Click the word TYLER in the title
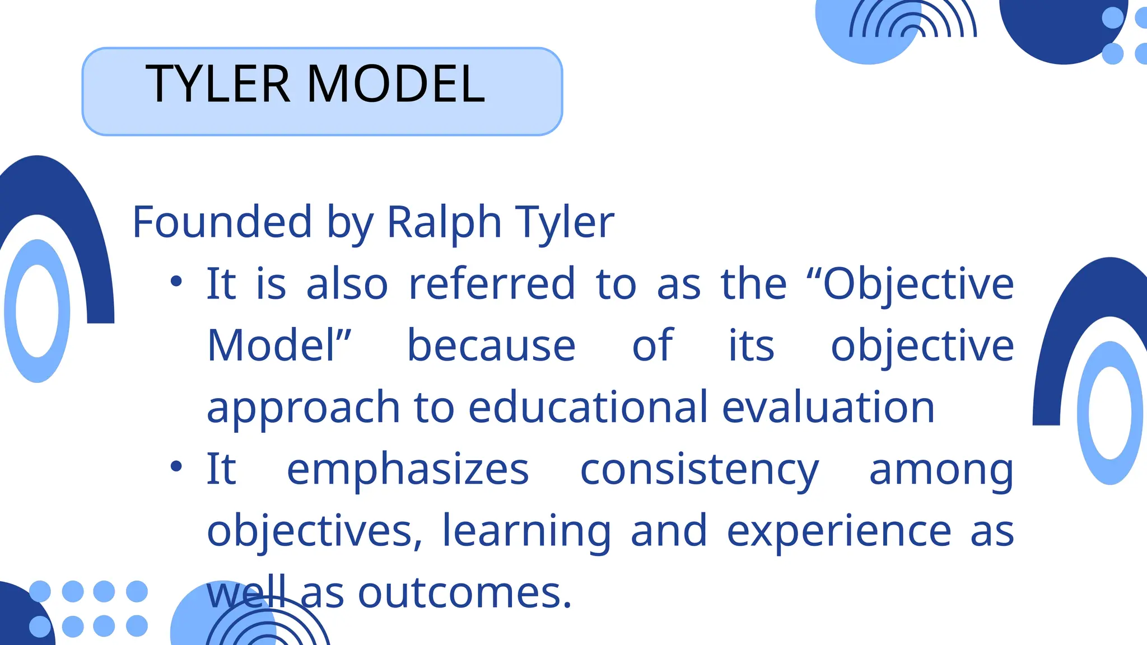pyautogui.click(x=218, y=85)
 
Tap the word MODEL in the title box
pyautogui.click(x=396, y=85)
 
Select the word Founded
pyautogui.click(x=222, y=222)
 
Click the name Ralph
pyautogui.click(x=444, y=222)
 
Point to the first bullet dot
pyautogui.click(x=176, y=281)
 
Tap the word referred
pyautogui.click(x=492, y=284)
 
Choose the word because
pyautogui.click(x=491, y=345)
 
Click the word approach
pyautogui.click(x=303, y=408)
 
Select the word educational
pyautogui.click(x=588, y=407)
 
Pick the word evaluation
pyautogui.click(x=828, y=407)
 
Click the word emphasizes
pyautogui.click(x=408, y=469)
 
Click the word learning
pyautogui.click(x=526, y=531)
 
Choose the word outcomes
pyautogui.click(x=464, y=593)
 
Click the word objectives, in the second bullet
pyautogui.click(x=314, y=531)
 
